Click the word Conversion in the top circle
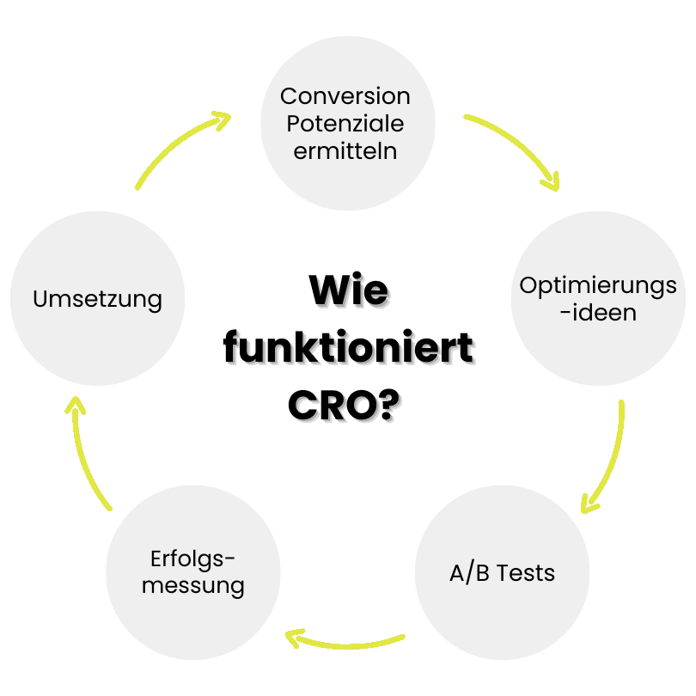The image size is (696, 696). (x=345, y=95)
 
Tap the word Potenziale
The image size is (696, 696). (x=345, y=123)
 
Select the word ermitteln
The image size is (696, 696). (x=345, y=151)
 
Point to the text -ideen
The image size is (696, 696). (x=598, y=312)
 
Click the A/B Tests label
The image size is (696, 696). (x=502, y=572)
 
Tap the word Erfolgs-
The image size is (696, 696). (x=192, y=559)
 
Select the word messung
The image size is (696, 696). (x=192, y=587)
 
